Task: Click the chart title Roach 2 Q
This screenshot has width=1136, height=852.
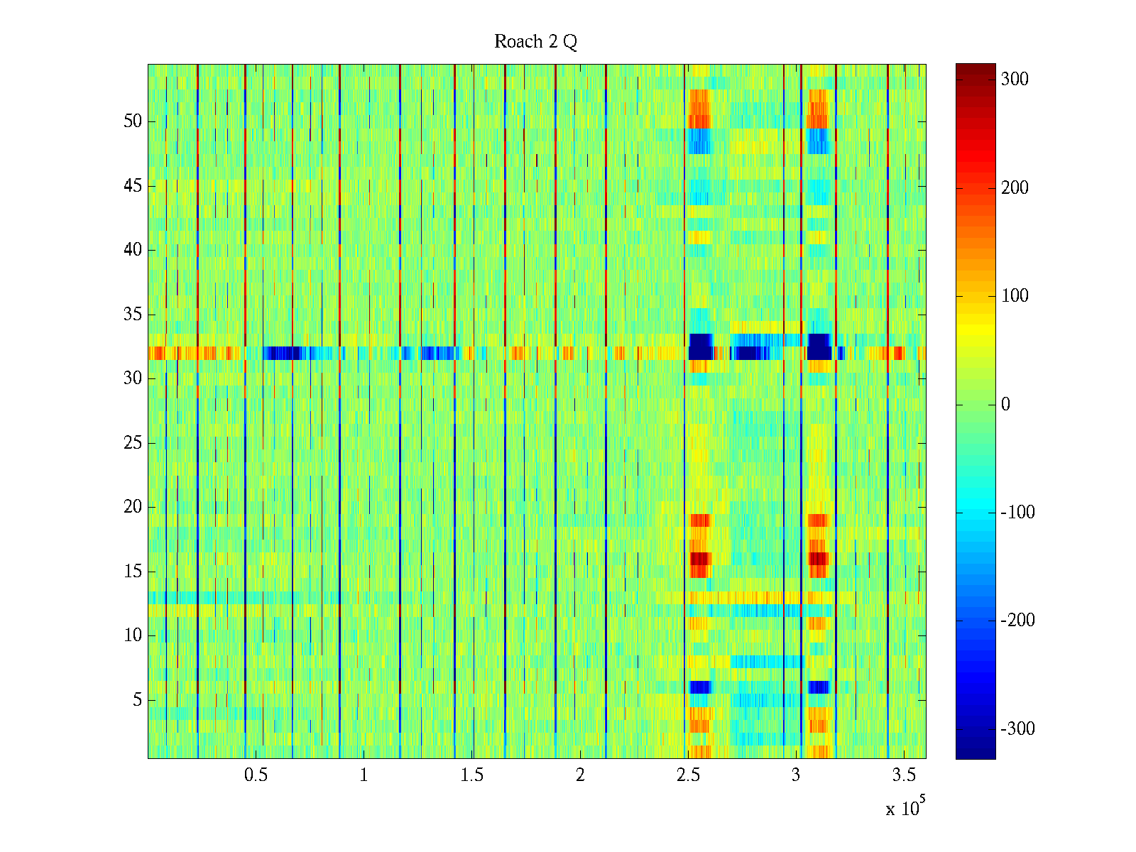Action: pos(535,42)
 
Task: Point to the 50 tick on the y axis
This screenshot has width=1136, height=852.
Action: pos(133,121)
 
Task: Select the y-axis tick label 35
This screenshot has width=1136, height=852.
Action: pos(133,315)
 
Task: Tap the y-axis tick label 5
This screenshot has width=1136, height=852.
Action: pos(137,700)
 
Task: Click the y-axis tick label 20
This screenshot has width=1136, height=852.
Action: pos(133,507)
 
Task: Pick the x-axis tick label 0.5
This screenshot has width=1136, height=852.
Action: pos(256,775)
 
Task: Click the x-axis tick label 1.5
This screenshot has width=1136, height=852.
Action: pos(472,775)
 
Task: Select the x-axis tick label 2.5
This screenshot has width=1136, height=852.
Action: pos(688,775)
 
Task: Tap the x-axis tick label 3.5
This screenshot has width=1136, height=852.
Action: pos(904,775)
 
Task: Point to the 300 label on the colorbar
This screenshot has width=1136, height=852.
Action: pos(1015,80)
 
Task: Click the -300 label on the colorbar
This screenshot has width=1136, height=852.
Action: pos(1017,729)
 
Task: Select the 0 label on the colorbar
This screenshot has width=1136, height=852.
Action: pos(1005,405)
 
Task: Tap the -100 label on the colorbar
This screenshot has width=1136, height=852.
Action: pos(1017,513)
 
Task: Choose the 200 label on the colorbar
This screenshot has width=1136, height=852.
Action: pos(1015,188)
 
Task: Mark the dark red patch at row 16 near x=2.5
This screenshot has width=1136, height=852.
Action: pos(700,559)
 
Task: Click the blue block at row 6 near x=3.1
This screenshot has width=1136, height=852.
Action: pos(819,687)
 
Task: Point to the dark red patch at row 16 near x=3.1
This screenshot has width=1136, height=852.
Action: pos(818,559)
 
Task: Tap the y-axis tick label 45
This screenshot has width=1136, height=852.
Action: pos(133,186)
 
